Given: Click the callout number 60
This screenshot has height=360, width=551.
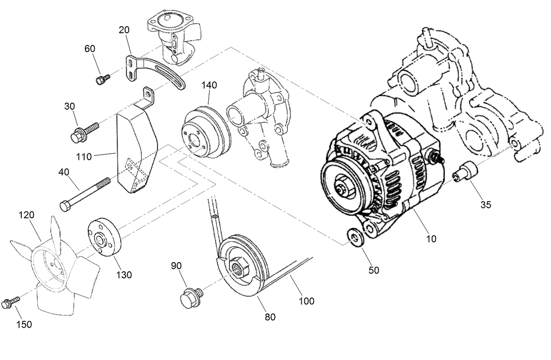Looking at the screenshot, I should [x=90, y=48].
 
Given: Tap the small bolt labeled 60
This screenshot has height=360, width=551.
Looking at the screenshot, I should [x=102, y=79].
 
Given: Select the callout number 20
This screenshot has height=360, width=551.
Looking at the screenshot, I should [x=124, y=30].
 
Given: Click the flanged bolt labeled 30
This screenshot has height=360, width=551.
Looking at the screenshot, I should [x=83, y=132].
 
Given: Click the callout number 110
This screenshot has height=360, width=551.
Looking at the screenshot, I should [x=83, y=156].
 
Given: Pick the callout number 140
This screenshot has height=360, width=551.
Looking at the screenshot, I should [x=209, y=85].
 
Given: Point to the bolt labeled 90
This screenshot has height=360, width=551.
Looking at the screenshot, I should [x=190, y=296].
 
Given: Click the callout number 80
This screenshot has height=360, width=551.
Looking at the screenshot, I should [x=270, y=317].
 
